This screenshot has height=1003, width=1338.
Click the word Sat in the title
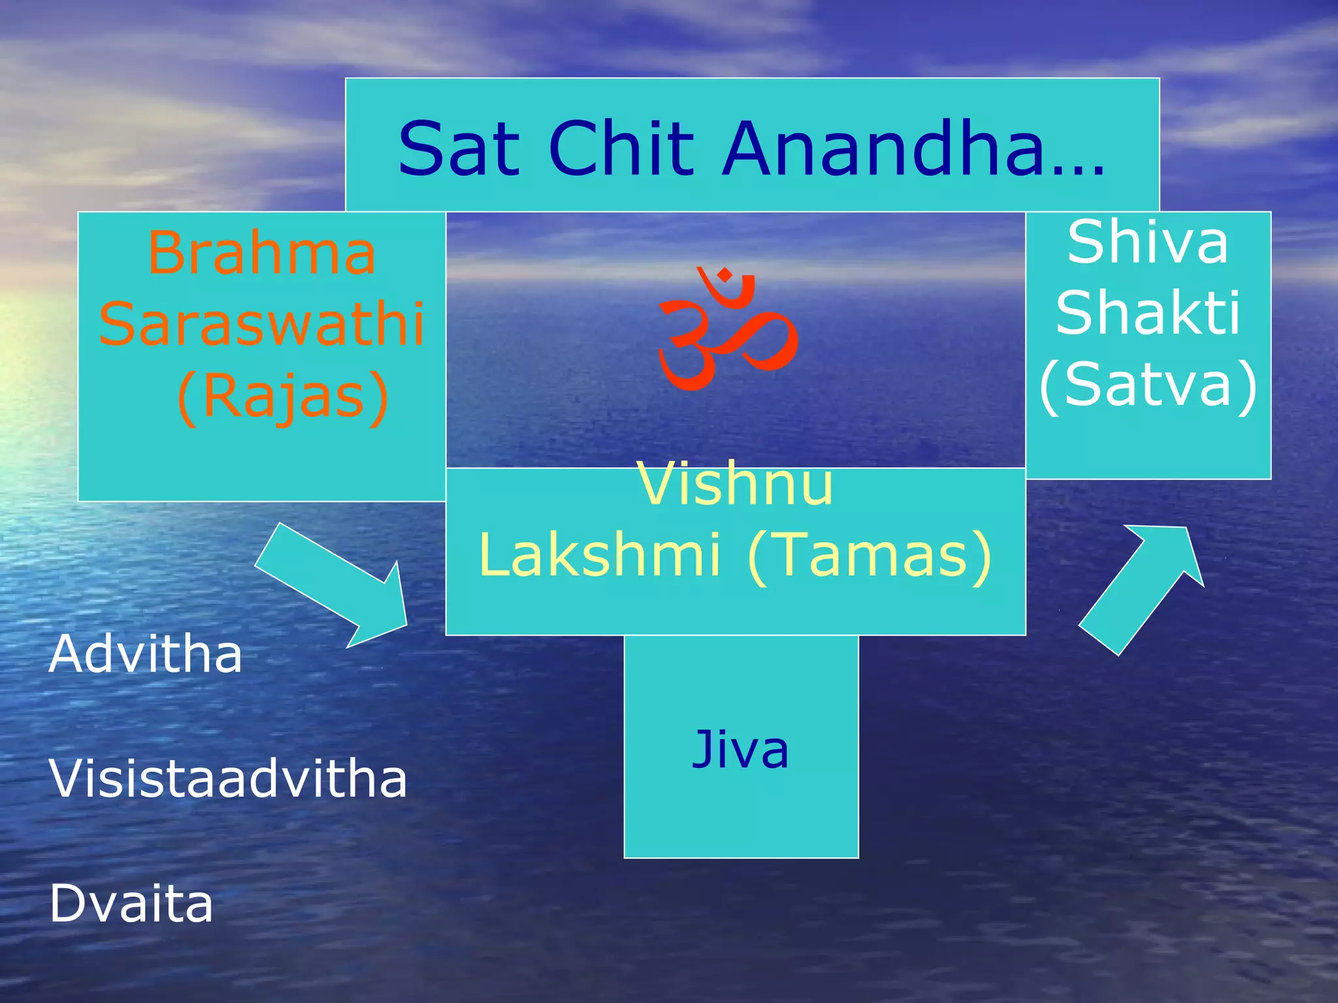tap(459, 149)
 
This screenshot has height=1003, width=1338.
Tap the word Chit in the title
tap(621, 149)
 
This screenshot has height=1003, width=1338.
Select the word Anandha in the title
tap(883, 149)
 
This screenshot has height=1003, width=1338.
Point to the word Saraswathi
tap(262, 324)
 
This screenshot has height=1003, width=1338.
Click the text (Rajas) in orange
tap(282, 397)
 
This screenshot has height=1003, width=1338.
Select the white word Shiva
tap(1148, 242)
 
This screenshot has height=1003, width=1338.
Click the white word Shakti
tap(1148, 313)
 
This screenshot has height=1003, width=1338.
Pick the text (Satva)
tap(1148, 385)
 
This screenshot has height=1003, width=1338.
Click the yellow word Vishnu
tap(735, 485)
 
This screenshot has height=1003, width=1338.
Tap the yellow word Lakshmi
tap(600, 555)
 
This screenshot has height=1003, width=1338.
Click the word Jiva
tap(740, 750)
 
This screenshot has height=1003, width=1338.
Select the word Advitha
tap(145, 654)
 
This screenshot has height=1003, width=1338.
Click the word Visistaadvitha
tap(227, 779)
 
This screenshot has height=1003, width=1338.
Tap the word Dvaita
tap(131, 904)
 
